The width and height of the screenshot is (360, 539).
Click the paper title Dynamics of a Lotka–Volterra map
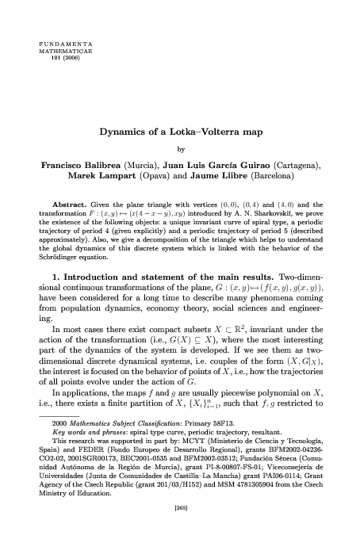coord(181,133)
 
